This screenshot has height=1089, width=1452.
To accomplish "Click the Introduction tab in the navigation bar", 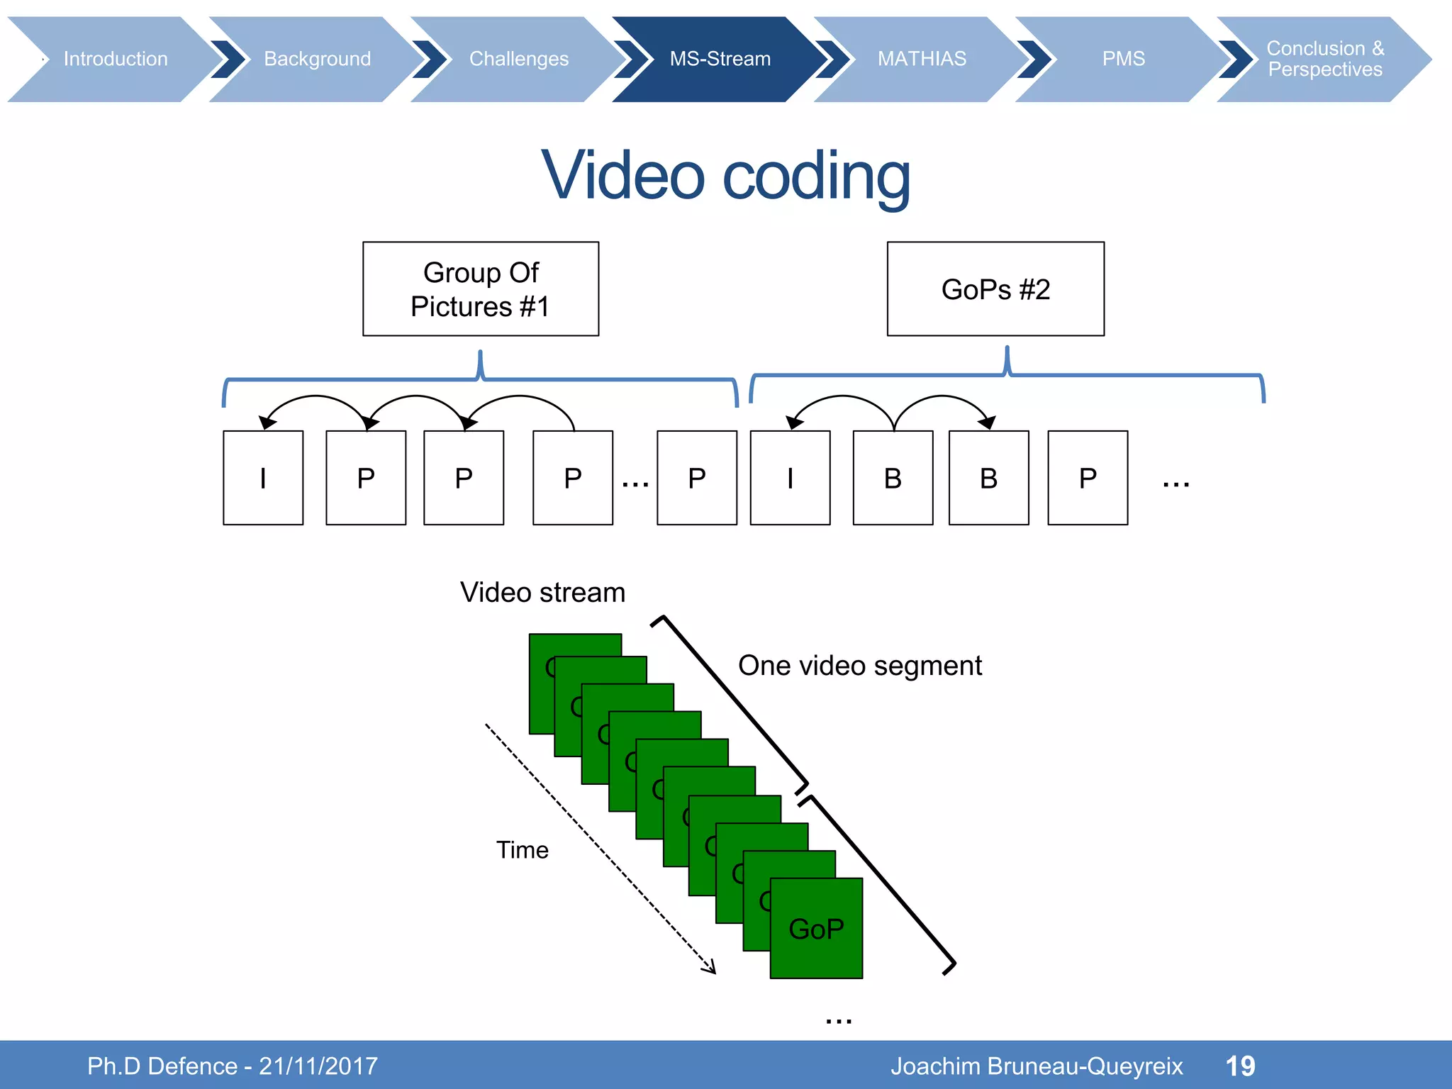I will point(116,59).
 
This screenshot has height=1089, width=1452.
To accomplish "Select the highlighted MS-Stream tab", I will point(720,59).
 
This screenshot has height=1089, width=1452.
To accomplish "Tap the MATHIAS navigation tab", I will point(921,59).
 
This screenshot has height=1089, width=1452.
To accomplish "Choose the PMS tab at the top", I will point(1123,59).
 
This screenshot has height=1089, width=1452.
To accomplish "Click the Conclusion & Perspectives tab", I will point(1324,59).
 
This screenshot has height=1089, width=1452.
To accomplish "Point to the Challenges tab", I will point(518,59).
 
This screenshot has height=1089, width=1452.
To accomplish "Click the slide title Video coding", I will point(725,176).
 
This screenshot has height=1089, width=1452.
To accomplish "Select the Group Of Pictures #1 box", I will point(481,289).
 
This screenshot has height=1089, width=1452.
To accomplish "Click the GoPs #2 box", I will point(995,289).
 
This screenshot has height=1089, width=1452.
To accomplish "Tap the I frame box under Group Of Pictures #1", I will point(263,478).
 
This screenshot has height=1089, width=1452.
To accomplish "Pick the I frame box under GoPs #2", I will point(790,478).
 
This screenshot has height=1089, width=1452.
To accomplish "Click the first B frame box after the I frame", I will point(893,478).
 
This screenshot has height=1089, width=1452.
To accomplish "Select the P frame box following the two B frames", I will point(1088,478).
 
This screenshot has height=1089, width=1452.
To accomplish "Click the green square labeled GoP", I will point(816,929).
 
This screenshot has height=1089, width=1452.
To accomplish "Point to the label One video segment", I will point(859,666).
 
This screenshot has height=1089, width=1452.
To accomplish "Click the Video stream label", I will point(542,593).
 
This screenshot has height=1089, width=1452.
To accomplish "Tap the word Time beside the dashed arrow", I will point(522,850).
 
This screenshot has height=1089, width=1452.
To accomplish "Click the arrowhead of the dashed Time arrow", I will point(711,968).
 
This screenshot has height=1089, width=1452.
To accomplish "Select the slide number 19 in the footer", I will point(1240,1066).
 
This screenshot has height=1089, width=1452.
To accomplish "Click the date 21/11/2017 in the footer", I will point(318,1066).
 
